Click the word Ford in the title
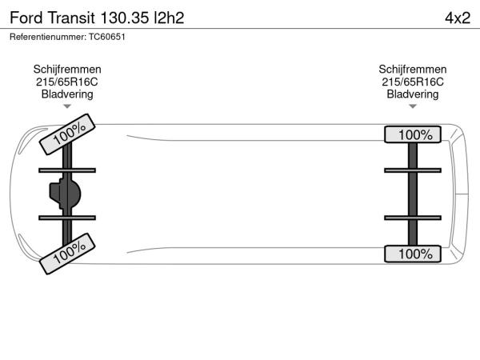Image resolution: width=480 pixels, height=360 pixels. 26,18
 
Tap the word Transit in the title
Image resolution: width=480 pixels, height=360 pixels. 71,18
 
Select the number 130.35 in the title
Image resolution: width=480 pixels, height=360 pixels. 124,18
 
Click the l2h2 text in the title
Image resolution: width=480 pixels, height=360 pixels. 169,18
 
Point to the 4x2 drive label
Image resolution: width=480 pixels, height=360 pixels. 458,18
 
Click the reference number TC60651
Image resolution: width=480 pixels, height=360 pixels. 107,37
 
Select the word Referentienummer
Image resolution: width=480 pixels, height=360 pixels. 48,37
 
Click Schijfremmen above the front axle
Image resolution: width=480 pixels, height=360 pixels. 67,70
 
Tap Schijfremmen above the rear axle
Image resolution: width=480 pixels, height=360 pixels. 413,70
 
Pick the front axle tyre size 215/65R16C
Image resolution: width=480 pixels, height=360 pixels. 67,82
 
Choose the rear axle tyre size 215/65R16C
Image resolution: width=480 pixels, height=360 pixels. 413,82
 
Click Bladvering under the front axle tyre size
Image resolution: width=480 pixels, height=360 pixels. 67,94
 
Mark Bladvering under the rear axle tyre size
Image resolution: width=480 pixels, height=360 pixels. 413,94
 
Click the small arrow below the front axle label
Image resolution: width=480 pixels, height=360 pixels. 67,106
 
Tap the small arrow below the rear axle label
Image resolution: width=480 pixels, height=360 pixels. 413,106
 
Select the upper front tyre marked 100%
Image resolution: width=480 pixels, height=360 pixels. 67,134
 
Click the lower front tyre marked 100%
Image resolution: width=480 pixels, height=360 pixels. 67,254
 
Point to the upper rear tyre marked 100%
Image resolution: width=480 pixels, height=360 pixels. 413,134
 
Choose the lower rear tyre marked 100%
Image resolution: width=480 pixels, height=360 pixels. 413,254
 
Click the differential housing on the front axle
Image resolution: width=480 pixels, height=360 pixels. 65,194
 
